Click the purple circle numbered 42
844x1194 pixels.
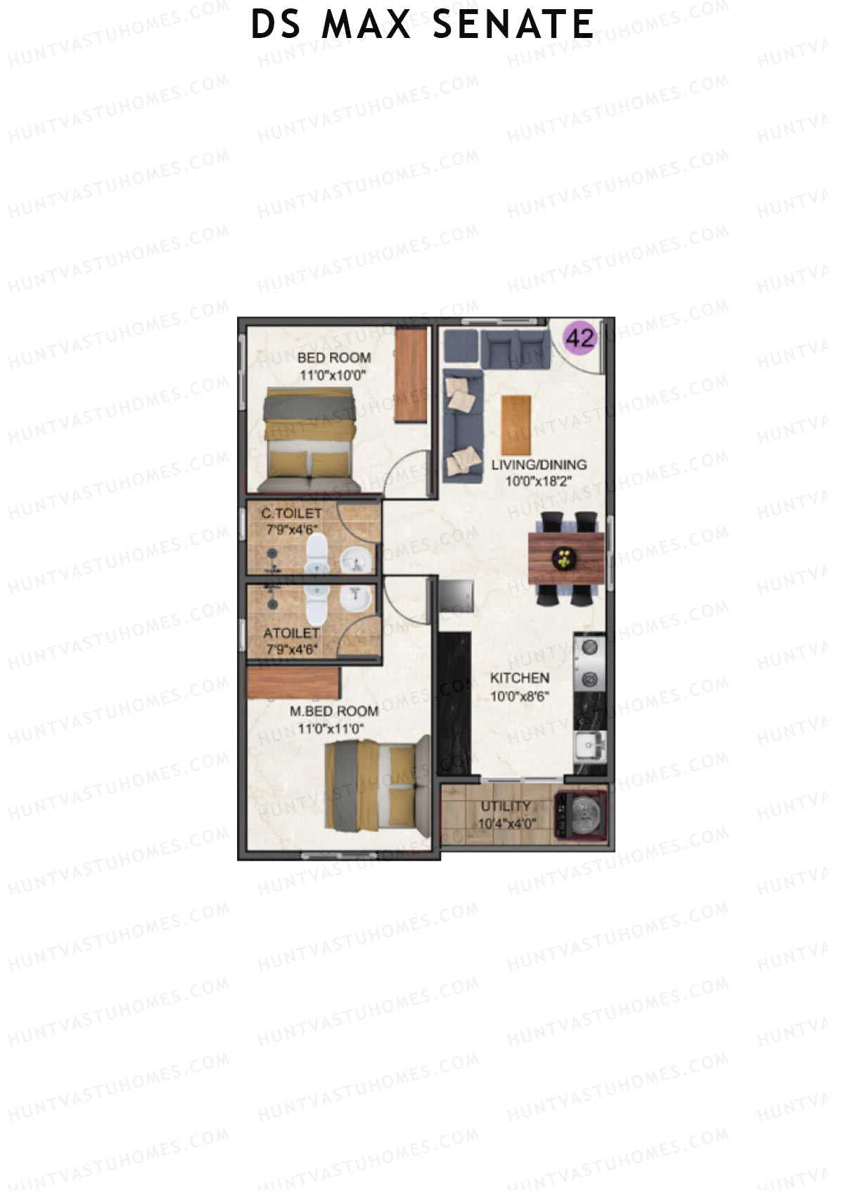580,338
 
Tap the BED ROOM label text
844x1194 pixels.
333,357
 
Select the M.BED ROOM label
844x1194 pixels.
334,711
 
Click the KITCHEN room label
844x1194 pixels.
520,678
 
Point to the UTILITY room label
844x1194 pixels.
506,806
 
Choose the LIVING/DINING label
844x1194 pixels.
539,464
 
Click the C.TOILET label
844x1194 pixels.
292,514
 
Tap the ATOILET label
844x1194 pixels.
291,634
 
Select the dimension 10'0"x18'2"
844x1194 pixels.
539,482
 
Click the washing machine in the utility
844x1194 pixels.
581,816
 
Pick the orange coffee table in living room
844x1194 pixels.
516,425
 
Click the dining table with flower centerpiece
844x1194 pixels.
565,559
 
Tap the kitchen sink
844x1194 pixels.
589,746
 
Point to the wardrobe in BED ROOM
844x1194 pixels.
411,374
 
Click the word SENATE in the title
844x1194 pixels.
513,25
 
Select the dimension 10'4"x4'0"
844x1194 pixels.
506,824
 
